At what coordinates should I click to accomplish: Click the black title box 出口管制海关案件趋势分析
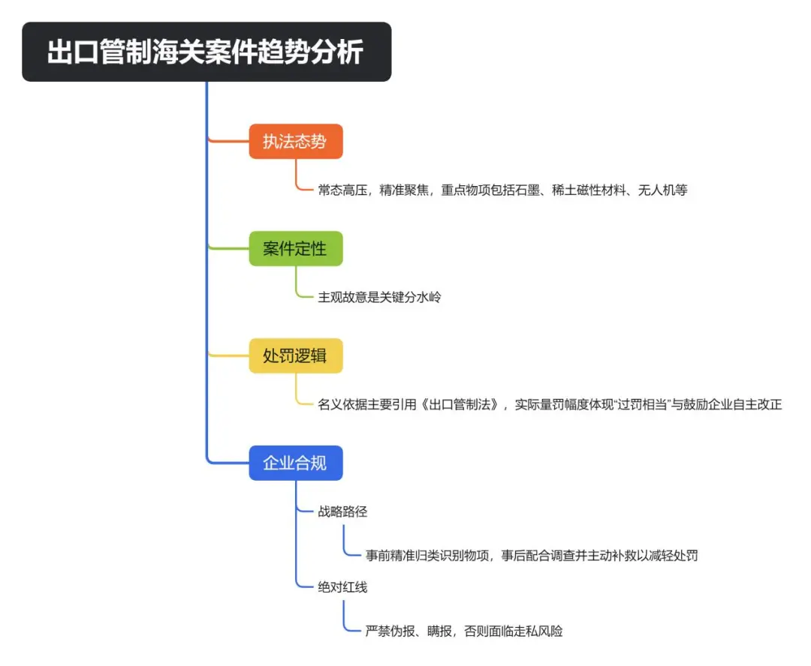point(207,52)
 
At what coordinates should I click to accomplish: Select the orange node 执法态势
point(295,142)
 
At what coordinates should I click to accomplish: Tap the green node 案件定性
point(295,249)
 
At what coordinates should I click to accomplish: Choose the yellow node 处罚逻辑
point(295,356)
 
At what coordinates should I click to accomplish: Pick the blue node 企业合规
point(295,463)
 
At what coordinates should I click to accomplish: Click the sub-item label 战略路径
point(342,511)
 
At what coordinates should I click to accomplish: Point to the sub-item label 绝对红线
point(342,587)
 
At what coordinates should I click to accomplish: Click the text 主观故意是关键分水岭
point(379,297)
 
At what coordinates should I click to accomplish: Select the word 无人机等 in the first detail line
point(662,190)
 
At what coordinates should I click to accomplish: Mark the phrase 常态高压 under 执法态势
point(342,190)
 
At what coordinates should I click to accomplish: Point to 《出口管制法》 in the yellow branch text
point(460,405)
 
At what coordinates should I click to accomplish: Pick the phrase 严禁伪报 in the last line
point(390,631)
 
